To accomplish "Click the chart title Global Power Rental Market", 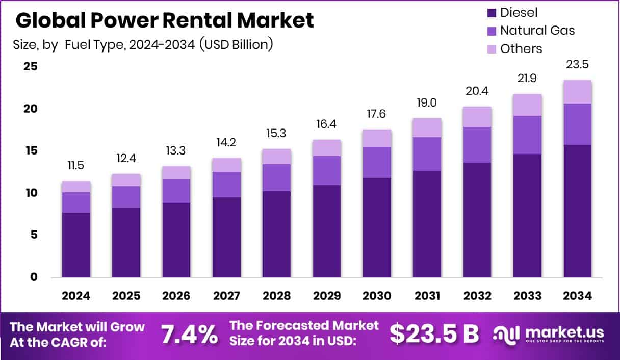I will (x=165, y=20).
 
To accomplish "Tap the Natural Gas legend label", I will (x=537, y=31).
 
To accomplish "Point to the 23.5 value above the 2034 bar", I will (x=578, y=65).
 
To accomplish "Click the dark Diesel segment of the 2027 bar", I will (x=227, y=237).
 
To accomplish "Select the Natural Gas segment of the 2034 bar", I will (x=578, y=124).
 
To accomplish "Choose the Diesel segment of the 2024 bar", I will (x=76, y=245).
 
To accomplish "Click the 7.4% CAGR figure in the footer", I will (x=189, y=335).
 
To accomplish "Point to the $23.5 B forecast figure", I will (x=434, y=334).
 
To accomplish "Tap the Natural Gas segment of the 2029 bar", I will (x=327, y=170).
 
